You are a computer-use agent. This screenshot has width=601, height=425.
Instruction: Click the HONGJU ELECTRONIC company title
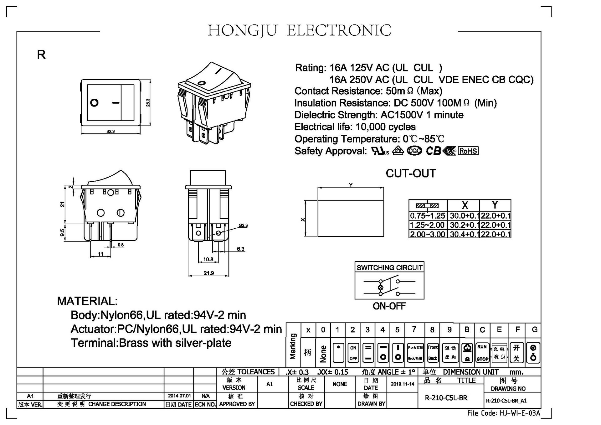[300, 31]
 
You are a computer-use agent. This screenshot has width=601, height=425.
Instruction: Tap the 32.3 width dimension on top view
[110, 132]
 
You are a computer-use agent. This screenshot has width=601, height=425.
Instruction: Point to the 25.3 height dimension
[148, 102]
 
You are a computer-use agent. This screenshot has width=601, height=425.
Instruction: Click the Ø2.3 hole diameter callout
[243, 225]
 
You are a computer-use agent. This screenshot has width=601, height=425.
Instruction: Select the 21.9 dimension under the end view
[208, 273]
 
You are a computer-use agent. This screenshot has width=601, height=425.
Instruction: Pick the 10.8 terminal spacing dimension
[208, 259]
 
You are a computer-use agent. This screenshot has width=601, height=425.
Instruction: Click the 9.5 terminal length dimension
[63, 233]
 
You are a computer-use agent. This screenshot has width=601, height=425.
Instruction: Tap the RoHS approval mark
[468, 151]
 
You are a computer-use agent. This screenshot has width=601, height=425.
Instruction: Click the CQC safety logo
[414, 151]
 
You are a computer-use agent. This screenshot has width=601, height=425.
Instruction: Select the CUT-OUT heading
[411, 174]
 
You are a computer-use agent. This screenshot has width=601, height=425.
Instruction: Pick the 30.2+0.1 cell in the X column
[464, 225]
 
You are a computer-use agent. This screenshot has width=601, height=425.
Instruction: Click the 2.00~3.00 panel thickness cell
[428, 234]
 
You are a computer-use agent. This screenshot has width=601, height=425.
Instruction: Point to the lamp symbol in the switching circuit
[381, 288]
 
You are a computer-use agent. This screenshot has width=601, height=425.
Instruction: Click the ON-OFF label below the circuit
[389, 306]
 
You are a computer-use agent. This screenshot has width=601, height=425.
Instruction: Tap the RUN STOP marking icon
[482, 353]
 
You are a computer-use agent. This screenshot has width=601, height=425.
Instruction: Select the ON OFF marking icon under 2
[353, 353]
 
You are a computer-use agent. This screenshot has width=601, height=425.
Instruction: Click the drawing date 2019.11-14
[402, 384]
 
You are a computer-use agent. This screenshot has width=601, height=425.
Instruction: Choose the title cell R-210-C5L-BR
[446, 398]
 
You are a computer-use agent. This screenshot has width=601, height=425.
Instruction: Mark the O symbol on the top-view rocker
[94, 102]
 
